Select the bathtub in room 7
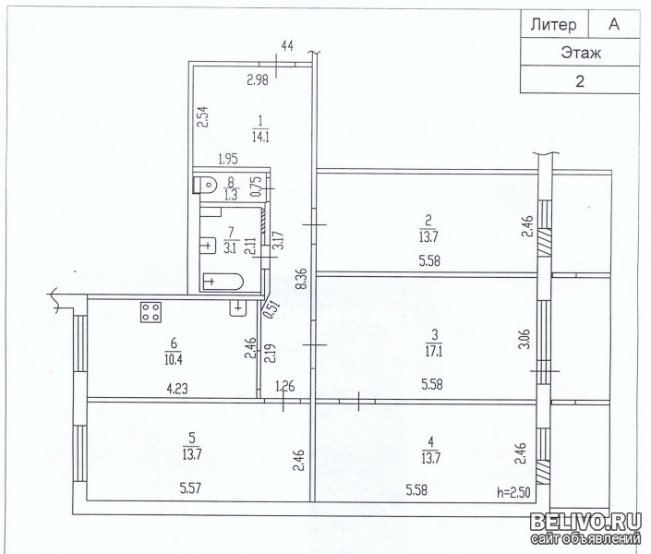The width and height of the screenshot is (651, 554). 222,281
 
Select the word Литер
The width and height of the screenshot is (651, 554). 552,25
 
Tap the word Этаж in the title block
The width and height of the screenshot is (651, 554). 581,53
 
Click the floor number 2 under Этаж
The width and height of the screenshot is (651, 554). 580,80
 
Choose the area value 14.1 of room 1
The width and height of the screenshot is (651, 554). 260,138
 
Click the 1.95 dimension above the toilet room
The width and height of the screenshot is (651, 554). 227,160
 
